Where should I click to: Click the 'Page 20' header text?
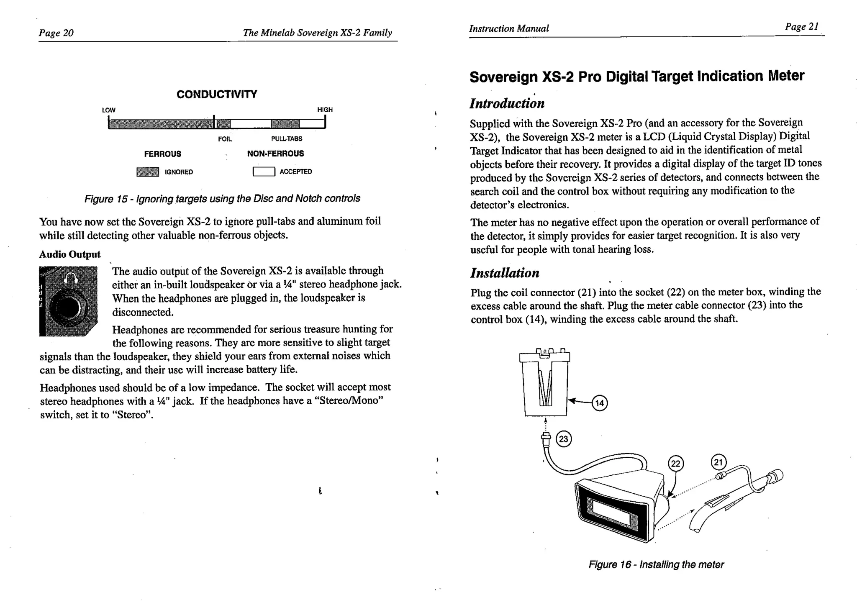pyautogui.click(x=56, y=33)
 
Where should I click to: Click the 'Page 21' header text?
pyautogui.click(x=801, y=27)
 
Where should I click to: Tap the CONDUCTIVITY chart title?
pyautogui.click(x=217, y=94)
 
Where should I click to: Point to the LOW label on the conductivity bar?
pyautogui.click(x=108, y=110)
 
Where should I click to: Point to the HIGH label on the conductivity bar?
pyautogui.click(x=325, y=110)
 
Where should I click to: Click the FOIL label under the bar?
pyautogui.click(x=225, y=138)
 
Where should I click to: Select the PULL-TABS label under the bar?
pyautogui.click(x=287, y=138)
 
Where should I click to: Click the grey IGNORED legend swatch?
pyautogui.click(x=148, y=172)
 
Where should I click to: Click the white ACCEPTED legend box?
pyautogui.click(x=264, y=172)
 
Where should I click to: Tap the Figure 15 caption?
pyautogui.click(x=222, y=198)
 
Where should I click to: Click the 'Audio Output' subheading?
pyautogui.click(x=70, y=254)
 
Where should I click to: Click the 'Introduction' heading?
pyautogui.click(x=507, y=103)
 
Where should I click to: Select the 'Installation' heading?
pyautogui.click(x=505, y=273)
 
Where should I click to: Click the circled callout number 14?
pyautogui.click(x=600, y=403)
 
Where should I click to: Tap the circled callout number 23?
pyautogui.click(x=564, y=439)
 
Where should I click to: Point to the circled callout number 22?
pyautogui.click(x=676, y=464)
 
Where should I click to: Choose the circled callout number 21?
pyautogui.click(x=718, y=462)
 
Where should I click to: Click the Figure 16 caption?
pyautogui.click(x=656, y=564)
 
